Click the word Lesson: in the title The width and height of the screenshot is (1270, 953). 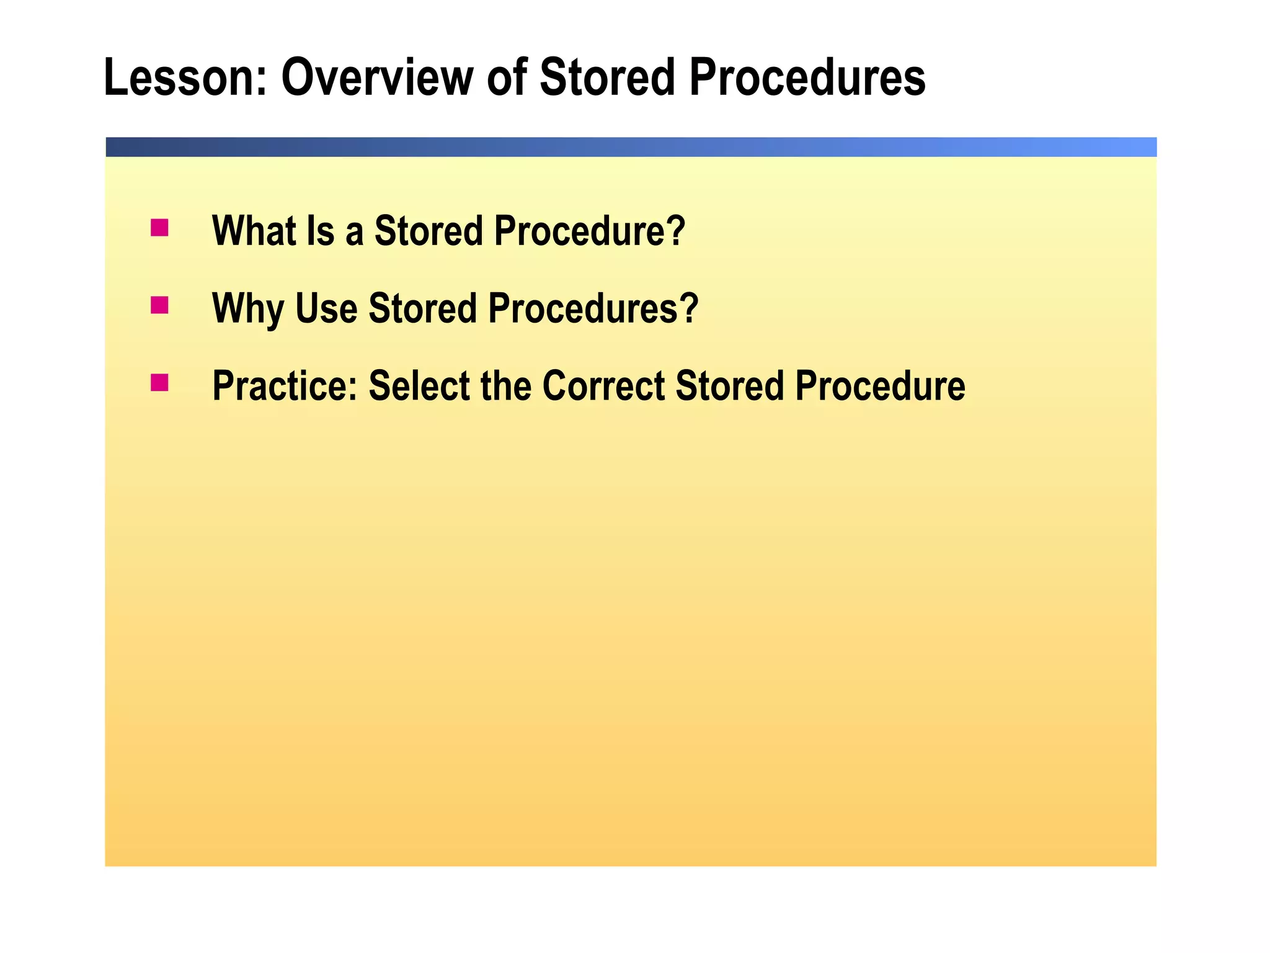tap(185, 78)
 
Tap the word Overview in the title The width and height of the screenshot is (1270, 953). tap(377, 78)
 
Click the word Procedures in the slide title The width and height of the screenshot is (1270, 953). tap(807, 78)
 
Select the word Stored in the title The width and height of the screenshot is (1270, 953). tap(607, 78)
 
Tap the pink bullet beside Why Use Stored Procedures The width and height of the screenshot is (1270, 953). tap(159, 305)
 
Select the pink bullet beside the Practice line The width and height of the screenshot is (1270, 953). tap(159, 382)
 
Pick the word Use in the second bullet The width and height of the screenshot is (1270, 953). tap(326, 308)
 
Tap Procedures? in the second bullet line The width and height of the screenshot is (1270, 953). tap(593, 308)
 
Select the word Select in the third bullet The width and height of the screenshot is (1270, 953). tap(419, 386)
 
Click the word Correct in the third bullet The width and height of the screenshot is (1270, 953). tap(603, 386)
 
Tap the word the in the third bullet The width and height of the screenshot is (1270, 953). tap(506, 386)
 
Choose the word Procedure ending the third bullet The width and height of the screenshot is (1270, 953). tap(880, 386)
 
